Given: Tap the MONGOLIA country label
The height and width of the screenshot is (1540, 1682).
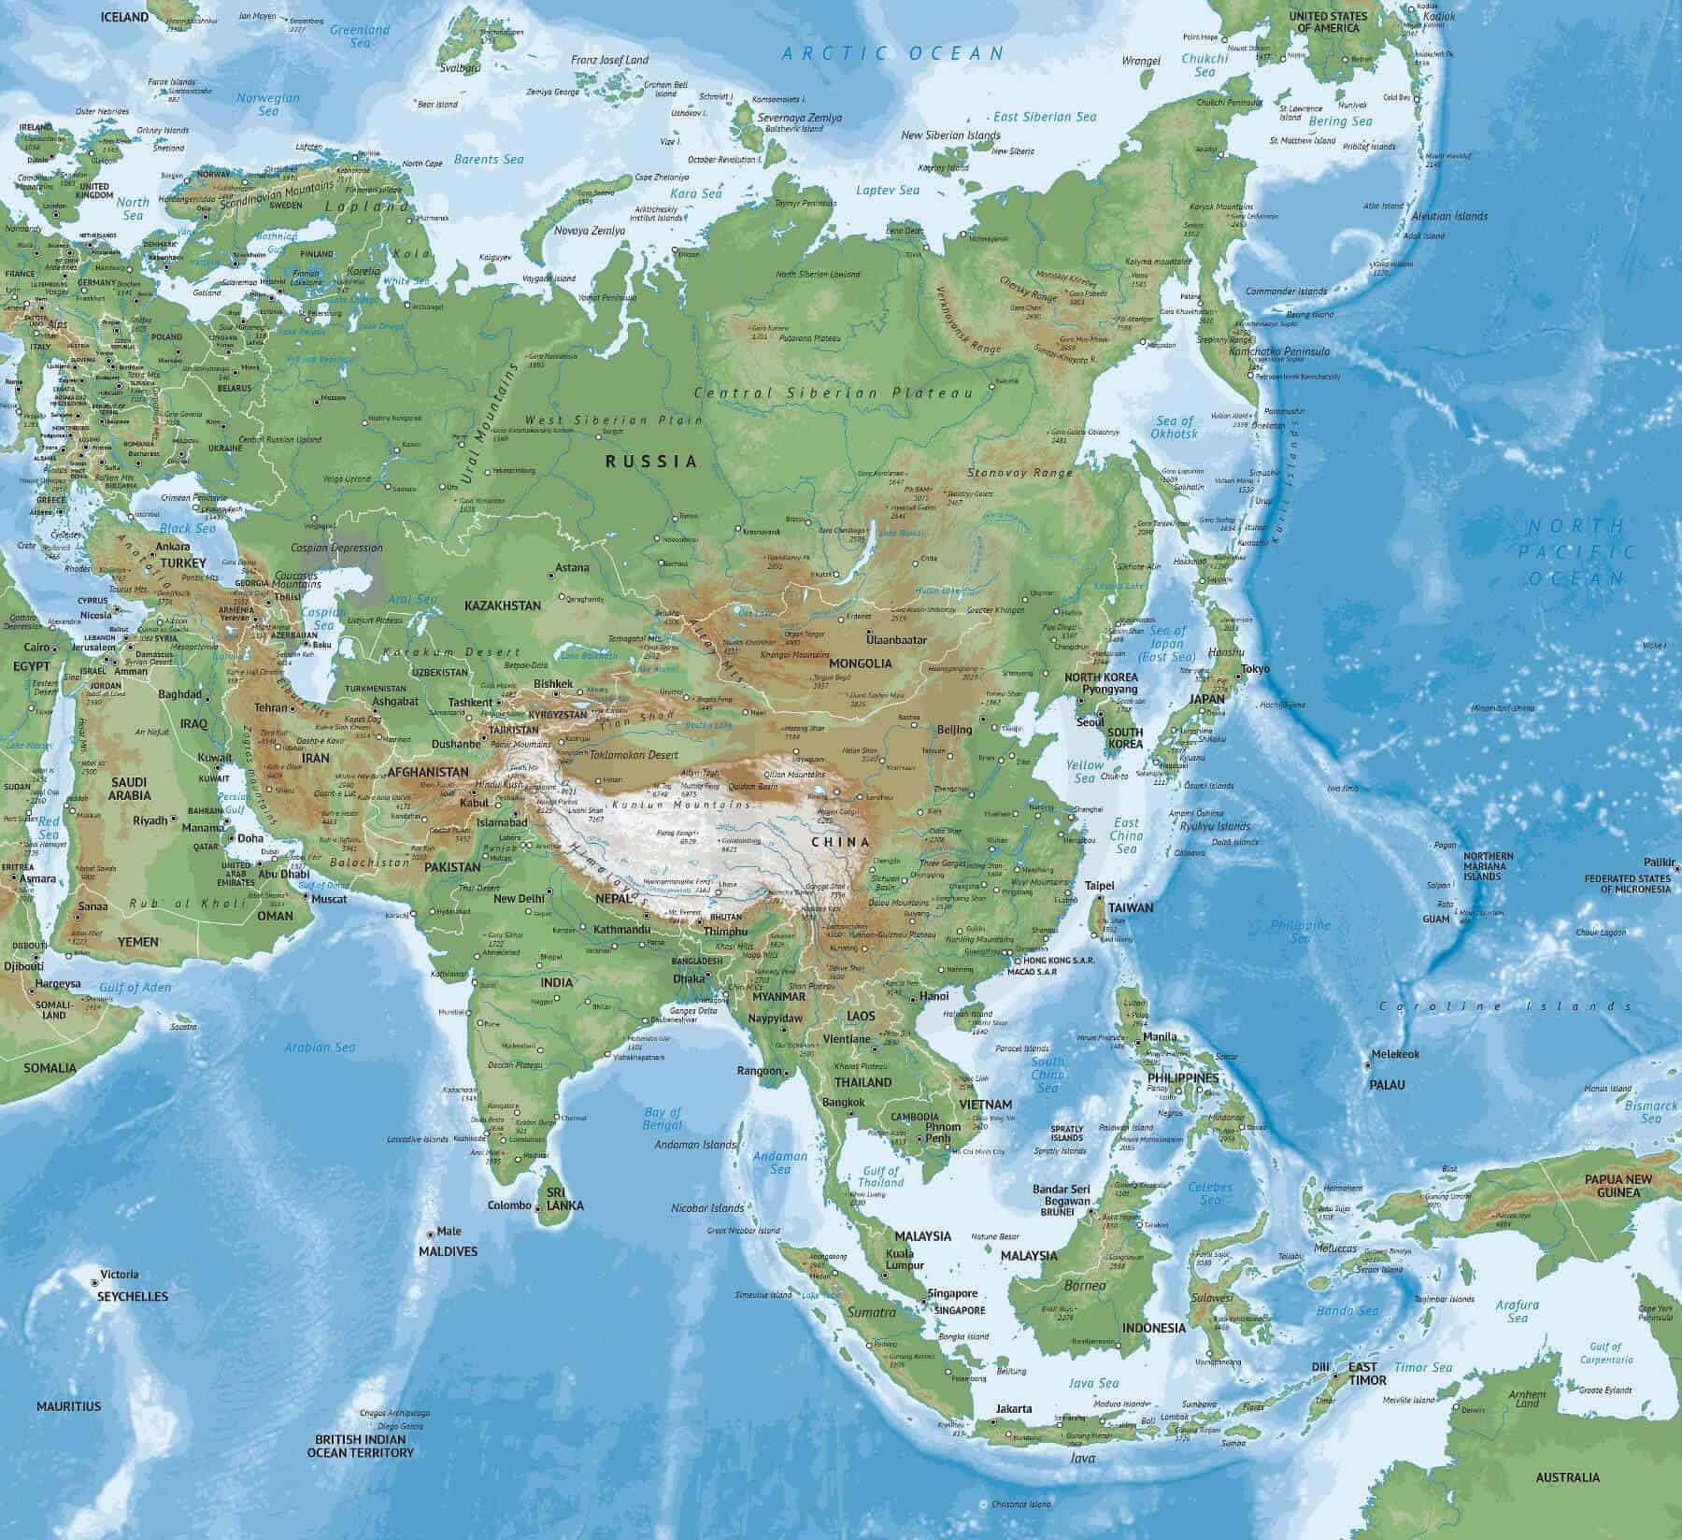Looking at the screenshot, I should (x=861, y=663).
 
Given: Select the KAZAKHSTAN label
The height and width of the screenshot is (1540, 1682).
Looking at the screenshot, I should (x=503, y=606).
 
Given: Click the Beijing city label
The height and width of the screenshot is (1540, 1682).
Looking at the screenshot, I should (x=954, y=729).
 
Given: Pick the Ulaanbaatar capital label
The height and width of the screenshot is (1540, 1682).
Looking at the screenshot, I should (x=896, y=640).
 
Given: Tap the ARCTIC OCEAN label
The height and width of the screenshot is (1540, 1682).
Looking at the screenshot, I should (x=892, y=53).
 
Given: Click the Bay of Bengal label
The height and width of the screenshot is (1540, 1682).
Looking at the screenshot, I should (x=663, y=1119).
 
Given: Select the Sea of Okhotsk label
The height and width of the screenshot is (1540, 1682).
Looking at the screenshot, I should (x=1175, y=427).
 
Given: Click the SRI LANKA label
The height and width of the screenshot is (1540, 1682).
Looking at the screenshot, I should (x=564, y=1199).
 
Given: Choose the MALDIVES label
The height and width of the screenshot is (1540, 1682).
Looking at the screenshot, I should (x=448, y=1251).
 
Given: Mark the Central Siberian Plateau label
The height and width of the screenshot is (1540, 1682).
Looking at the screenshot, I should (x=834, y=393).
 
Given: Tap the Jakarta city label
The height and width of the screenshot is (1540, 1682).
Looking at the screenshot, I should (x=1014, y=1409).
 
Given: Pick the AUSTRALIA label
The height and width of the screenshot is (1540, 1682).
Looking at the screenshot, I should (x=1568, y=1477).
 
